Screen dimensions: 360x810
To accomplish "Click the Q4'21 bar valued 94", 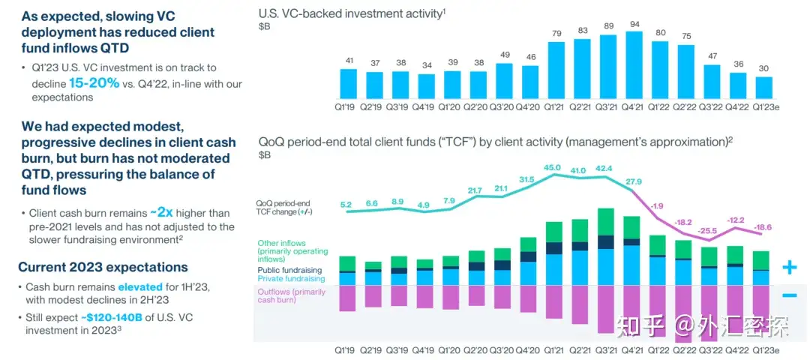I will [x=634, y=65].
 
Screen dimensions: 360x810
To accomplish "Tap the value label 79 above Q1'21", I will [x=556, y=33].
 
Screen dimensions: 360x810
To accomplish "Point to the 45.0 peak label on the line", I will [x=553, y=167].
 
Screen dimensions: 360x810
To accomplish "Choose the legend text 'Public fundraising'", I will [x=289, y=270].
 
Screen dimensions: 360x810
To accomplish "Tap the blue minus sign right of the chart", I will [x=789, y=295].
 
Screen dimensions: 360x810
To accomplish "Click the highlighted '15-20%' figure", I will [x=94, y=82].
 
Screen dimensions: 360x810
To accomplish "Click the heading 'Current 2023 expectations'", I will [x=103, y=267].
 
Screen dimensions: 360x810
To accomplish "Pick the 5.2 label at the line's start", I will [x=347, y=203].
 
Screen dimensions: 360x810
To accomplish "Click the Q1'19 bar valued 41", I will [x=348, y=83].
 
